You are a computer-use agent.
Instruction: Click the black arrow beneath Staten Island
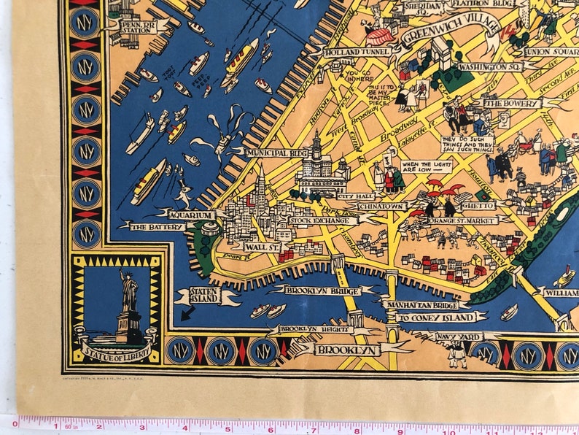(187, 315)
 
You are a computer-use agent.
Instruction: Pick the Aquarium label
(192, 215)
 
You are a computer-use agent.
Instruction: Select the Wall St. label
(257, 247)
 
